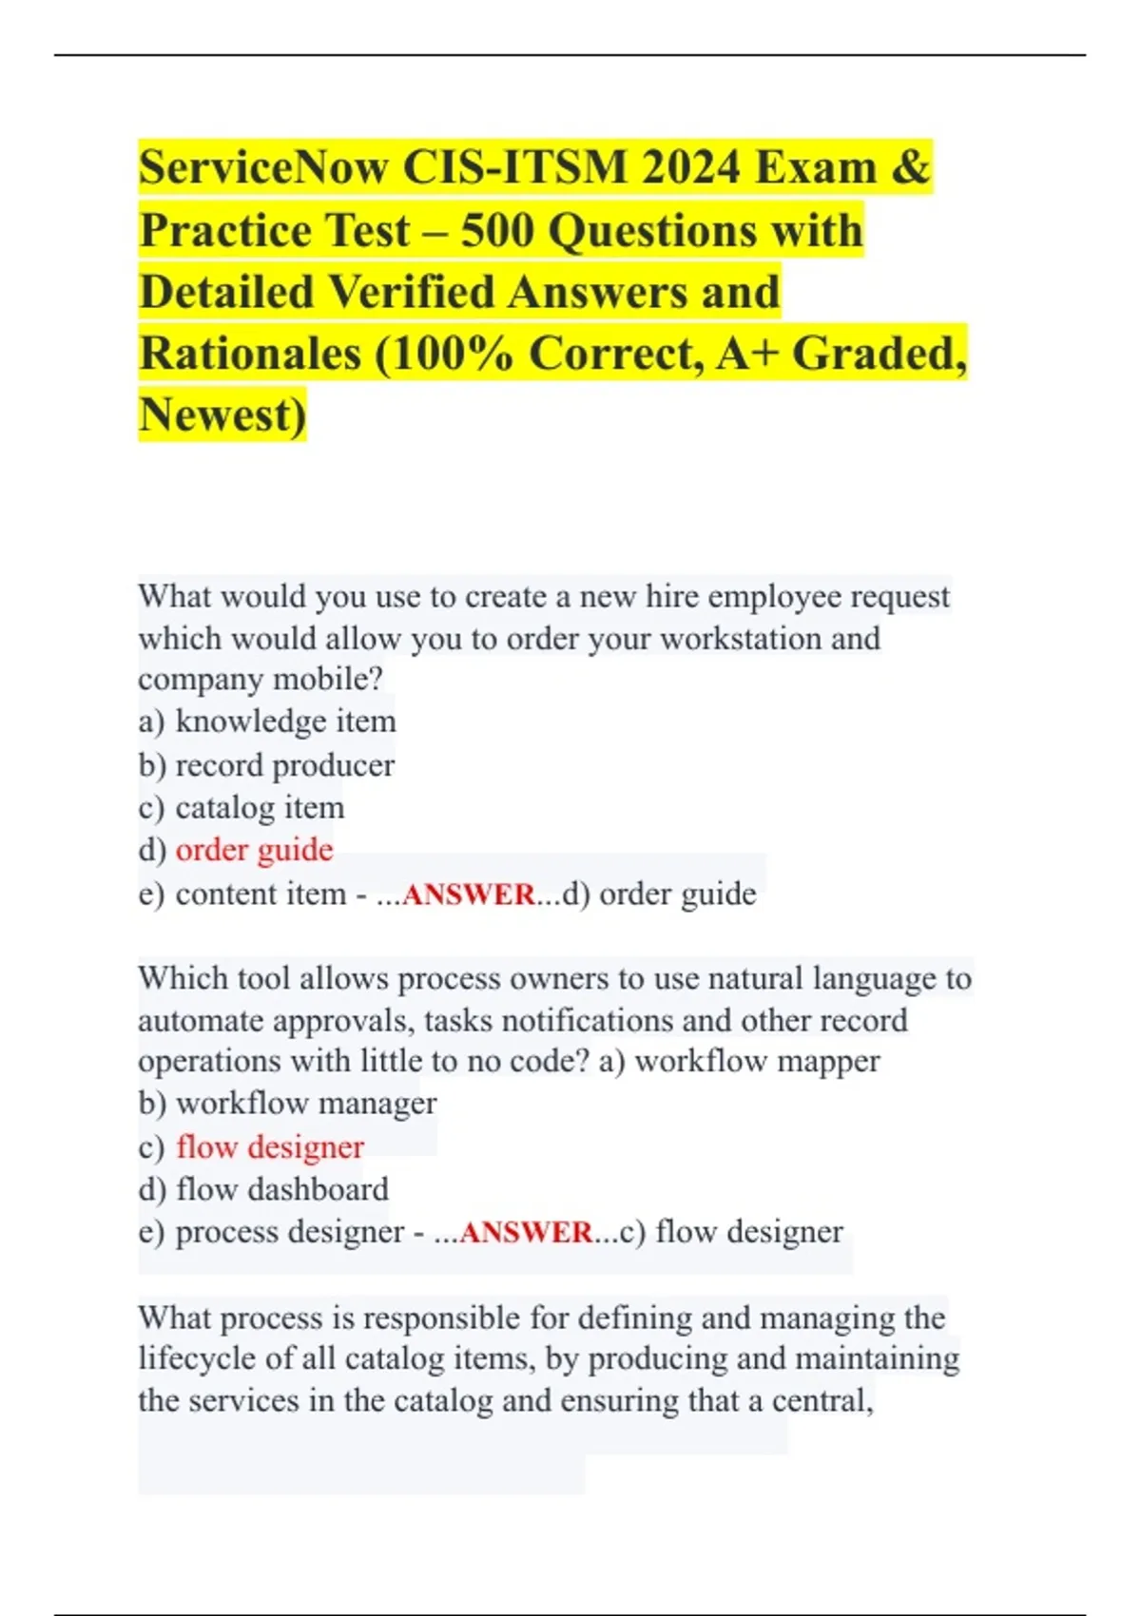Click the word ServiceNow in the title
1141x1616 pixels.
pyautogui.click(x=263, y=167)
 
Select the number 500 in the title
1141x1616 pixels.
pyautogui.click(x=497, y=230)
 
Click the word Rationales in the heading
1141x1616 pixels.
pyautogui.click(x=250, y=354)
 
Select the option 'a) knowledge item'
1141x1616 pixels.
pyautogui.click(x=267, y=721)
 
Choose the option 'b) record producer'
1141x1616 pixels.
pyautogui.click(x=266, y=765)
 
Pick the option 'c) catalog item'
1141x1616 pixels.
pyautogui.click(x=242, y=808)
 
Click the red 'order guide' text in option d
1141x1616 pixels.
pyautogui.click(x=255, y=850)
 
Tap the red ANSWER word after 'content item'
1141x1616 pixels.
pyautogui.click(x=470, y=895)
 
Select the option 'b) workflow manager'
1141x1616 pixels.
pyautogui.click(x=287, y=1104)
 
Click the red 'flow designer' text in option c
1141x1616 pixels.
pyautogui.click(x=270, y=1147)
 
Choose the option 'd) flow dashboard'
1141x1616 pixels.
pyautogui.click(x=263, y=1190)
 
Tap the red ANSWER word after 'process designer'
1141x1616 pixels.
pyautogui.click(x=526, y=1233)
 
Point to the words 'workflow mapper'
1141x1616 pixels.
pyautogui.click(x=757, y=1061)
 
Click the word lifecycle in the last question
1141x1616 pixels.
pyautogui.click(x=197, y=1358)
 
